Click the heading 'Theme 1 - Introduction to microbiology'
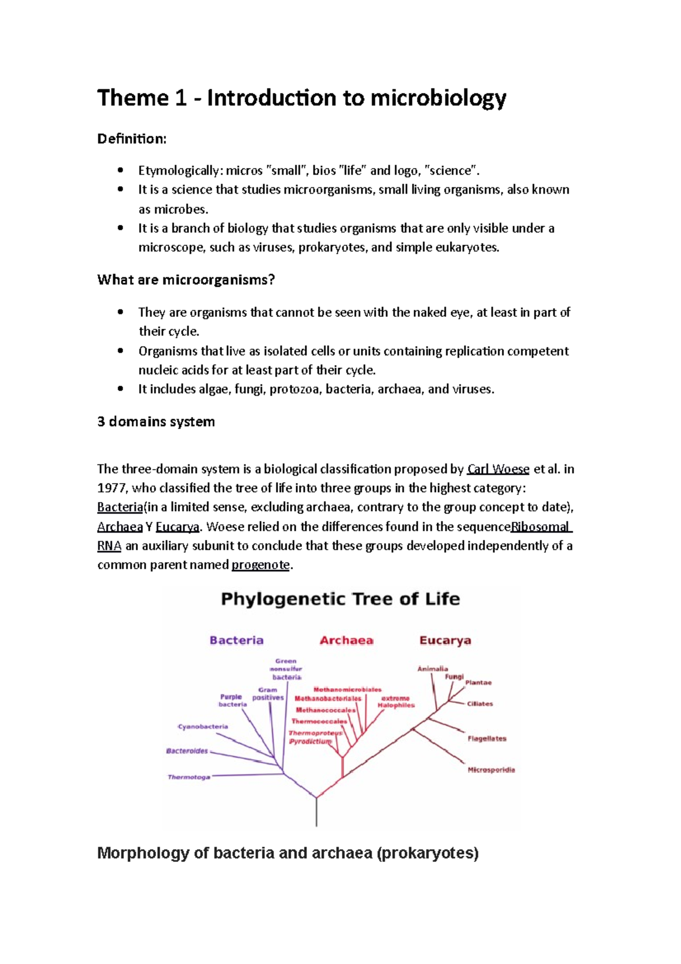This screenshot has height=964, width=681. [x=301, y=98]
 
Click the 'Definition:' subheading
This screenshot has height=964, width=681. [x=132, y=139]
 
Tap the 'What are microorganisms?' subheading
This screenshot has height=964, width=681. [x=186, y=280]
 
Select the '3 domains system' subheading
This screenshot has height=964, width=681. [x=156, y=422]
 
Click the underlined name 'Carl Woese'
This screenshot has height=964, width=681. [x=498, y=470]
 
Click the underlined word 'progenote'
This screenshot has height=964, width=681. [x=260, y=565]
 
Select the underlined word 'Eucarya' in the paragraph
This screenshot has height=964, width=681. [x=177, y=527]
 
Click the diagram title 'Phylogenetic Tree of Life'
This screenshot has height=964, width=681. [x=340, y=599]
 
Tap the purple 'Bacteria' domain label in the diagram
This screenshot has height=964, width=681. [x=237, y=640]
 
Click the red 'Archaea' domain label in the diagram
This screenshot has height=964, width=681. [x=346, y=640]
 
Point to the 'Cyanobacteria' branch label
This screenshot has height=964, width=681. [x=203, y=727]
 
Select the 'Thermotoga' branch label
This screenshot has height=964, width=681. [x=188, y=777]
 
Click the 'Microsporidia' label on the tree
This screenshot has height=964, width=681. [x=491, y=770]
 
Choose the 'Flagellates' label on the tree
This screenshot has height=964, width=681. [x=486, y=739]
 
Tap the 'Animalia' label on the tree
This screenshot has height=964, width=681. [x=432, y=669]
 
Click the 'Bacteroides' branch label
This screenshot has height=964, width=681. [x=187, y=751]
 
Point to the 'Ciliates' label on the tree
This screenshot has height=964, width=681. [x=480, y=704]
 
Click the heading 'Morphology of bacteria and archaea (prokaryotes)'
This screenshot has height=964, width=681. [x=288, y=853]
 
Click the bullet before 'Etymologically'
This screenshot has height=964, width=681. [x=120, y=170]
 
